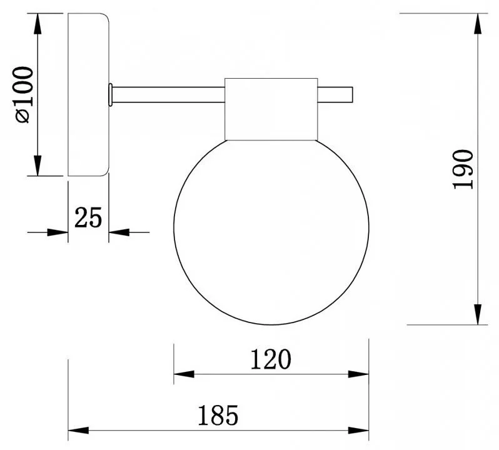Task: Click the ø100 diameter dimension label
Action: pyautogui.click(x=23, y=94)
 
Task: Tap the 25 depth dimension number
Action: pyautogui.click(x=88, y=217)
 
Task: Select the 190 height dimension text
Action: pyautogui.click(x=463, y=169)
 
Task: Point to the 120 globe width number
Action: pyautogui.click(x=271, y=359)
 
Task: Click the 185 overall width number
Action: pyautogui.click(x=218, y=416)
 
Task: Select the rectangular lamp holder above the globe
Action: pyautogui.click(x=271, y=109)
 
